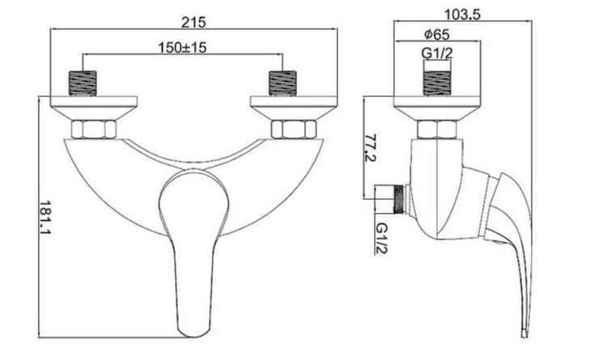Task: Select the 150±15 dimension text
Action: (182, 48)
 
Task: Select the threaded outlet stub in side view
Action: (394, 197)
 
